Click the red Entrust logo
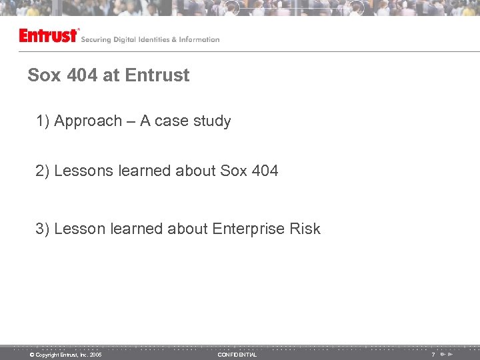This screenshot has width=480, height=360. (49, 35)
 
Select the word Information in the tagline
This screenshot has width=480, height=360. (199, 40)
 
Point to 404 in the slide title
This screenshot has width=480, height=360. (83, 75)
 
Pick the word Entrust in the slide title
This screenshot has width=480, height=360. (157, 75)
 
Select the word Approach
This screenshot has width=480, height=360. (88, 121)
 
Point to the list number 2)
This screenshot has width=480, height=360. (43, 171)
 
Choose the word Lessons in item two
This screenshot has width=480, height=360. (84, 171)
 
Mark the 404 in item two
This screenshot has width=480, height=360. (265, 171)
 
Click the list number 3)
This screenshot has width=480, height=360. (43, 229)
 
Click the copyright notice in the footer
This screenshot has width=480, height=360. (65, 355)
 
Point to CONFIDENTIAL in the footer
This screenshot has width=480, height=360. (237, 355)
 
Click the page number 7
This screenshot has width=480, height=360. (433, 355)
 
